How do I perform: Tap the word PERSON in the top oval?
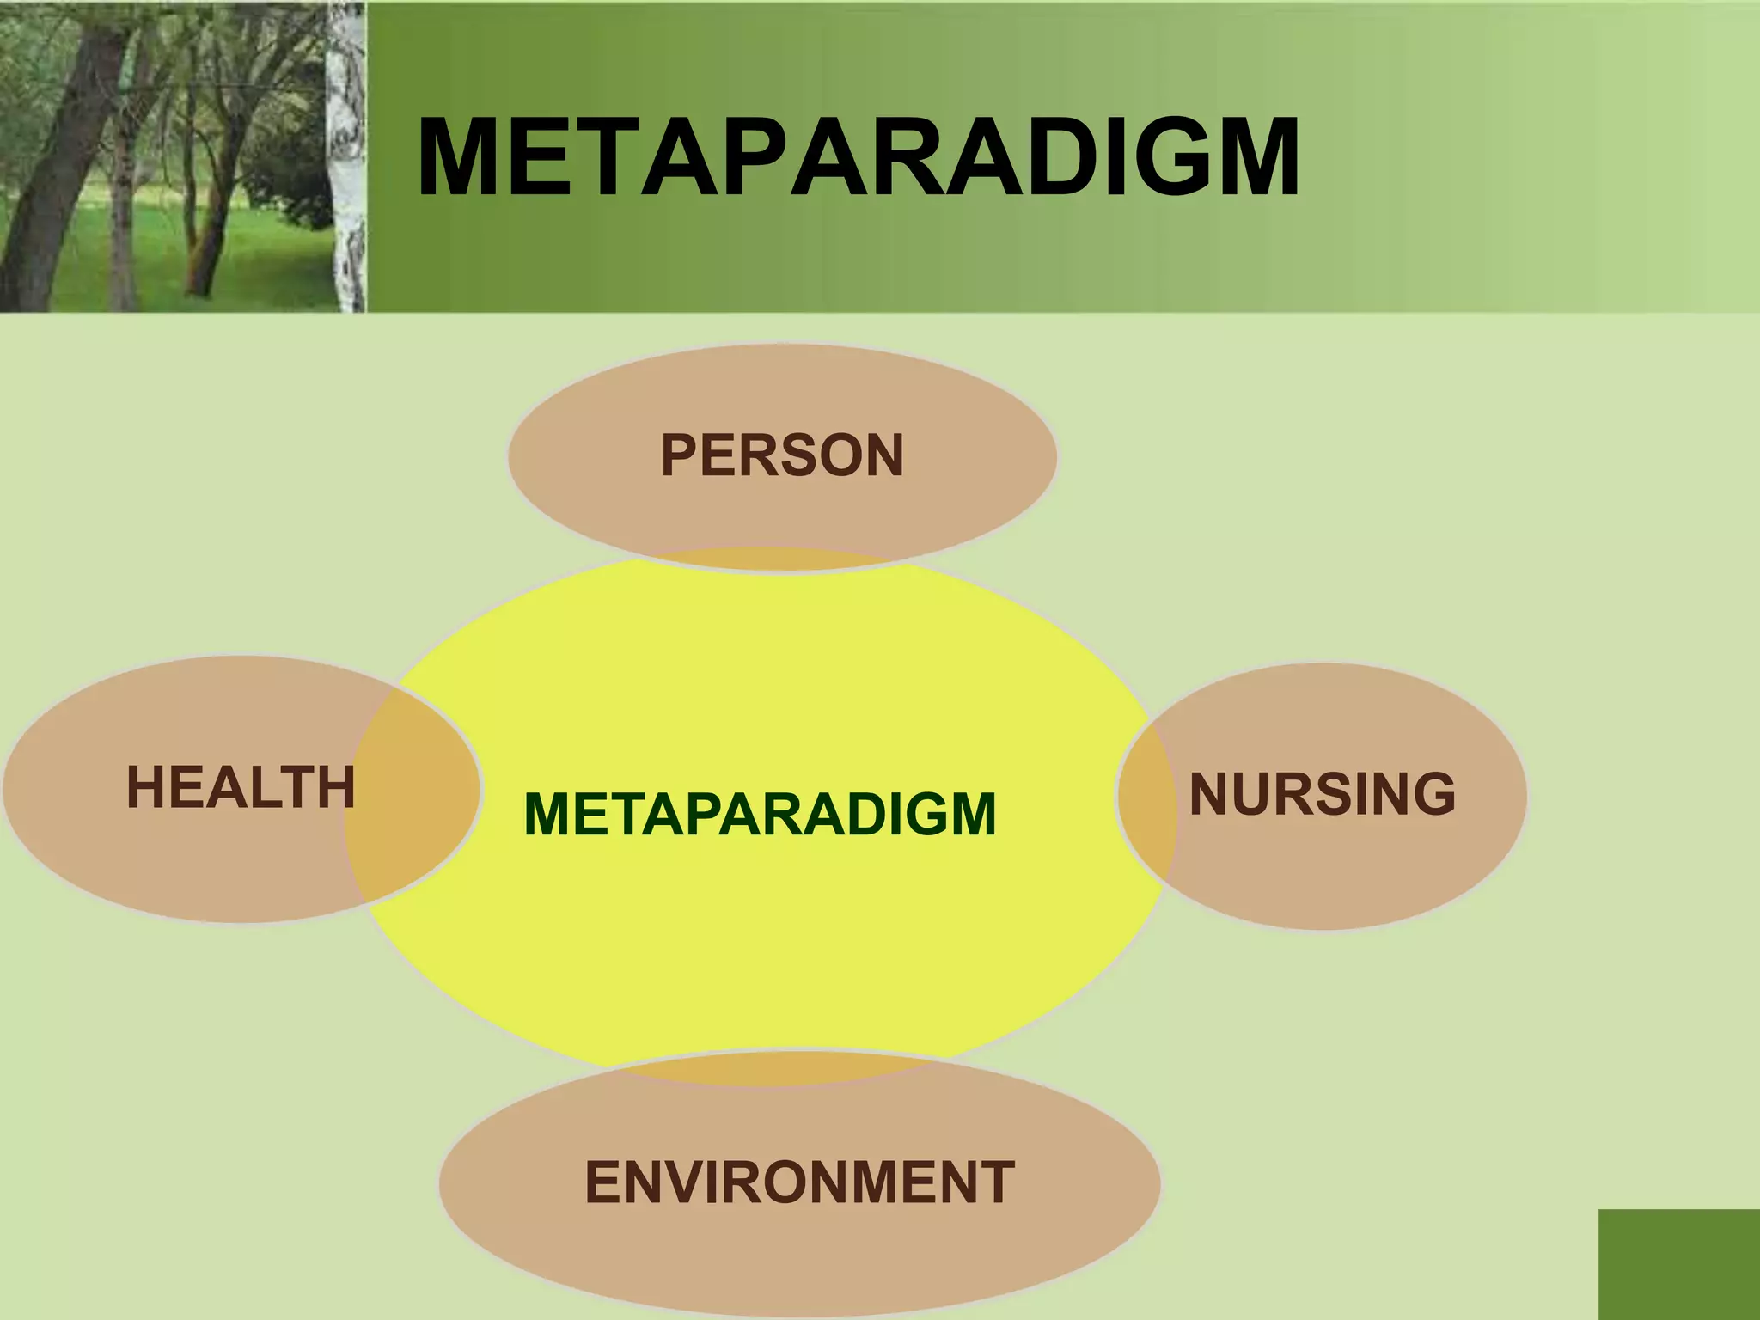pos(781,455)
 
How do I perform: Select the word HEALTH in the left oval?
pos(240,787)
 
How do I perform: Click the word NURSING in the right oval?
pos(1322,794)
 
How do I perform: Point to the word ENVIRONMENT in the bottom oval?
pos(799,1182)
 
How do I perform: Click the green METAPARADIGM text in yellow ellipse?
pos(760,815)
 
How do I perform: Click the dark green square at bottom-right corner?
pos(1678,1264)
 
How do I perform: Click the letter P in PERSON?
pos(678,455)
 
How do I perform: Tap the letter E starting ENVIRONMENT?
pos(602,1182)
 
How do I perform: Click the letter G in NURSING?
pos(1433,794)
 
